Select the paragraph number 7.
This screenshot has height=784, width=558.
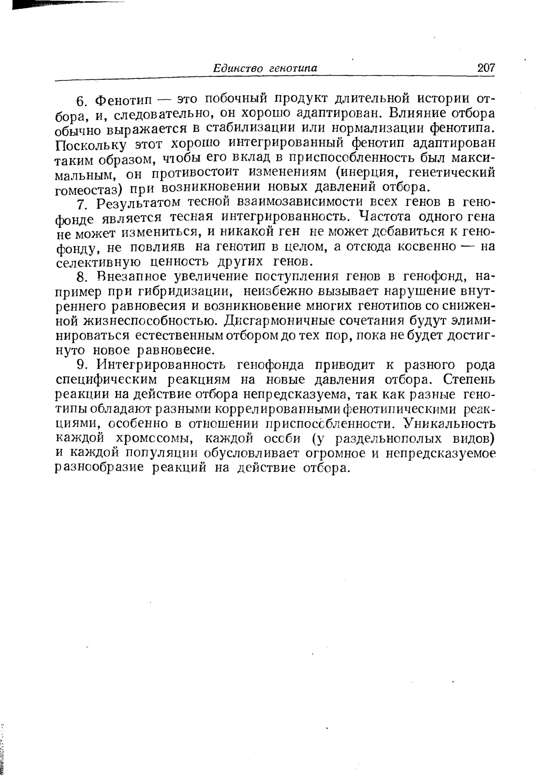81,205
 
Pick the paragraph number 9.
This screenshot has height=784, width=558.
81,364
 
